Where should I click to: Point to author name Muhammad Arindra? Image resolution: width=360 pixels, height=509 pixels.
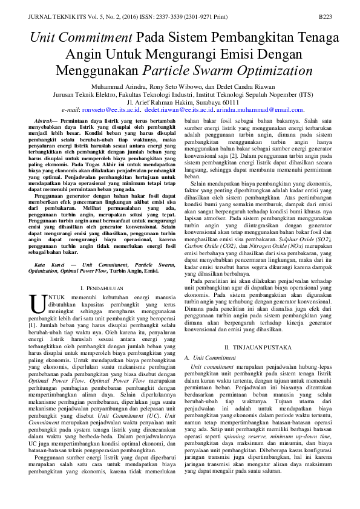click(109, 87)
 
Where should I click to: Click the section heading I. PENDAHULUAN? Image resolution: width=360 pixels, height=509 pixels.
click(102, 290)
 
